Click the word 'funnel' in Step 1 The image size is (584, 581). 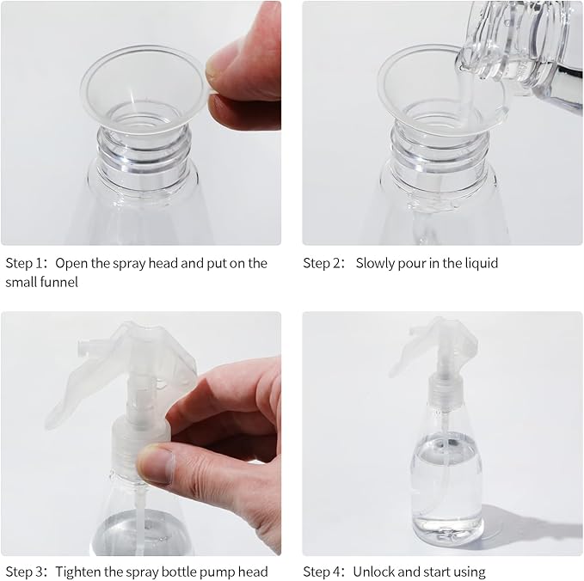point(59,282)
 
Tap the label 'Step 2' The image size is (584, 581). point(323,263)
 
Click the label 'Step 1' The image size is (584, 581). point(26,263)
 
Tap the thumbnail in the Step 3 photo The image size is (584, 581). point(157,464)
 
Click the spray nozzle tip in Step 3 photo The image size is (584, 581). point(83,347)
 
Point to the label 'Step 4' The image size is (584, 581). point(323,572)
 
